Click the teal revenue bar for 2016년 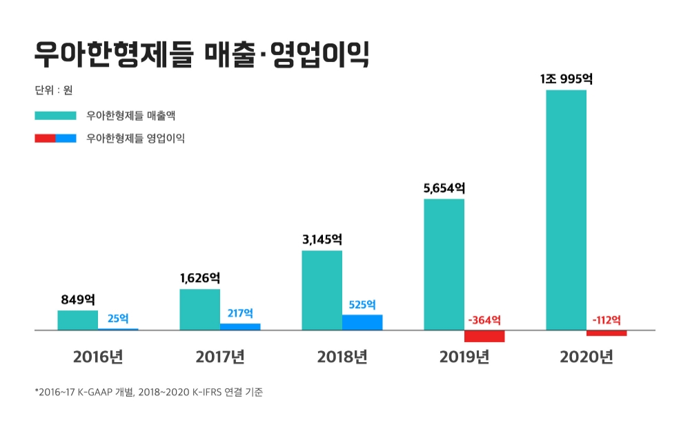point(77,320)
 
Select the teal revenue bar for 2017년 point(199,310)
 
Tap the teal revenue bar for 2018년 point(322,290)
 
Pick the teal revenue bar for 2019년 point(444,265)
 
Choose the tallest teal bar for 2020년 point(566,210)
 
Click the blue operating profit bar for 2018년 point(362,322)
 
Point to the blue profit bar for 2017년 point(240,326)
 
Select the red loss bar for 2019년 point(484,337)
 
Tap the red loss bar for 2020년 point(607,333)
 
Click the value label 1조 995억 point(566,79)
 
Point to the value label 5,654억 point(444,188)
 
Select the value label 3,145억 point(322,239)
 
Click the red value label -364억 point(484,320)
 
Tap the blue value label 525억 point(362,304)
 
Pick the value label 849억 point(77,299)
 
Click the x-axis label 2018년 point(342,357)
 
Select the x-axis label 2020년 point(586,357)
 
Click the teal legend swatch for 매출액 point(55,115)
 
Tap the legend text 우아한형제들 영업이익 point(135,138)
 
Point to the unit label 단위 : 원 point(53,90)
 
